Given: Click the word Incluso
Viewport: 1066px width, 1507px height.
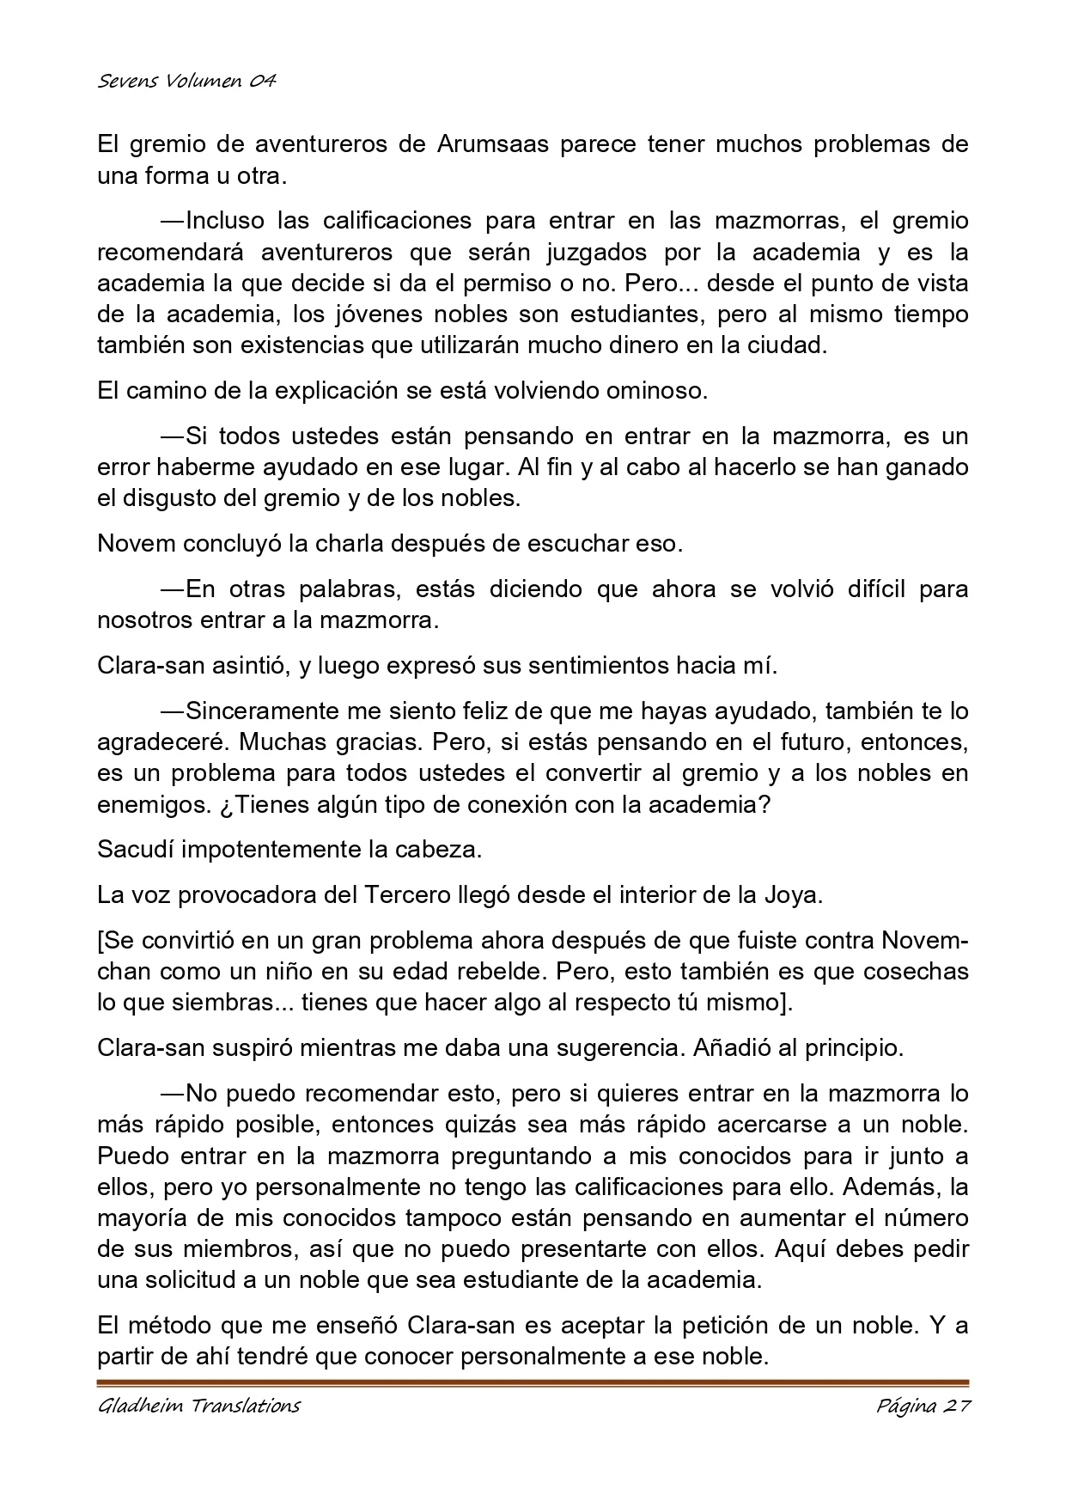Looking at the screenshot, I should point(226,221).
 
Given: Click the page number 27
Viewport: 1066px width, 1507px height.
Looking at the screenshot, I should point(954,1406).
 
